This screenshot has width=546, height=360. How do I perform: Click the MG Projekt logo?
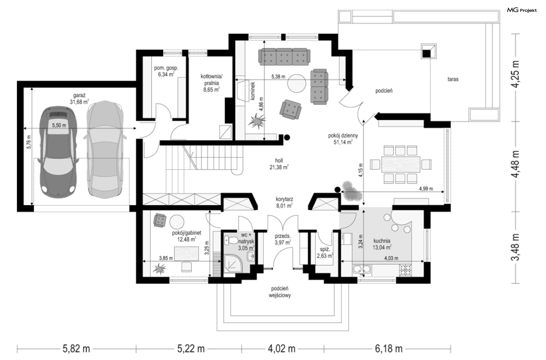522,10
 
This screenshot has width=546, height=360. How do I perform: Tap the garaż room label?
79,96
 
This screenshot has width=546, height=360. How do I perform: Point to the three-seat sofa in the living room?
284,57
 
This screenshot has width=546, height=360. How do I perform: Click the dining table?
401,164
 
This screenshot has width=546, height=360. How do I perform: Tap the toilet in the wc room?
231,241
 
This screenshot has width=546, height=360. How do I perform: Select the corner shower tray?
233,263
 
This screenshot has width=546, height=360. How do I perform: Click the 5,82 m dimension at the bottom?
76,348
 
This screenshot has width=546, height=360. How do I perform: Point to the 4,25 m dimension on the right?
515,74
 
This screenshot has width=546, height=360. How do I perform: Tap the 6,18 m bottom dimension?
389,348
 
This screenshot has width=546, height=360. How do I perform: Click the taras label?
453,79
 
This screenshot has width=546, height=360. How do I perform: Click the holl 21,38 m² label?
279,164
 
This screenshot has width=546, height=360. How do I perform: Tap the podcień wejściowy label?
280,292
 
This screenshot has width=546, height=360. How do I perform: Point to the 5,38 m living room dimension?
278,76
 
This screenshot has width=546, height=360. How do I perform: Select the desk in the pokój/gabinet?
187,253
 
